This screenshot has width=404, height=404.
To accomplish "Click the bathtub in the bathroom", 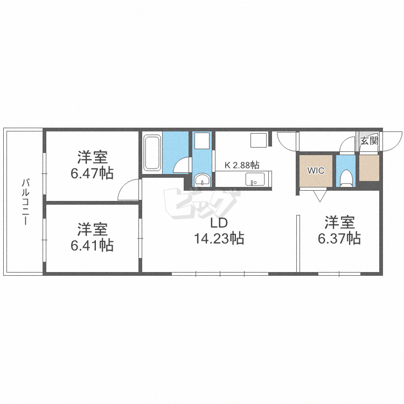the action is pos(152,153).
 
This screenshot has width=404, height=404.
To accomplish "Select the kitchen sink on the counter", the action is pos(255,179).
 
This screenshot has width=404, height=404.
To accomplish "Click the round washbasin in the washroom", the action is pos(202,179).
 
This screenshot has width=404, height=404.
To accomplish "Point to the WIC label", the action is pos(316,171).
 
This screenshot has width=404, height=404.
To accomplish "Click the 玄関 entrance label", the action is pos(369,141).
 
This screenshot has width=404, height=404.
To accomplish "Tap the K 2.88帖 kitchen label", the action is pos(242,165).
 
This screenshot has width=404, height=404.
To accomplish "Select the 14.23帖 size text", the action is pos(219,238).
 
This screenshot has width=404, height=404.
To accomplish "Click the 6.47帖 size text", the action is pos(92,173).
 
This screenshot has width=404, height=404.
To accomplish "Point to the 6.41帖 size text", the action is pos(92,245).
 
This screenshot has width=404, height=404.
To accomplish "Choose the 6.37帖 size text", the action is pos(339,238).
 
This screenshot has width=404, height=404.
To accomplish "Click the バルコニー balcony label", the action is pos(25,202).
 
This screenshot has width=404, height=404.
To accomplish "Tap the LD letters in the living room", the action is pos(219,223).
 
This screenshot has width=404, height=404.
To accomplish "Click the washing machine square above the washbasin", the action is pos(202,141).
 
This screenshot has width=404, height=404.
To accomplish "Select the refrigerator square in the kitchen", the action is pos(259,140).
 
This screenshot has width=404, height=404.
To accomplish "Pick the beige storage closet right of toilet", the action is pos(369,168).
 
